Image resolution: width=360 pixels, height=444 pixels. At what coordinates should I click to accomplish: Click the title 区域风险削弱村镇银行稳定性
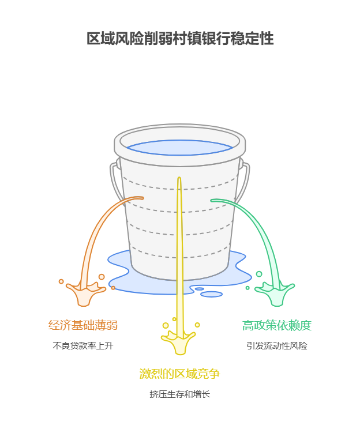pos(180,39)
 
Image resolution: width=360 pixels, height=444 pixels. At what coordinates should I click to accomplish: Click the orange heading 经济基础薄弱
pos(83,325)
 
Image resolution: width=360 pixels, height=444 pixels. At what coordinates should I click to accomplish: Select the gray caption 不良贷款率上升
pos(83,346)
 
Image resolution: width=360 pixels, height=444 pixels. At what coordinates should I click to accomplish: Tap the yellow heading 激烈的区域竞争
pos(180,374)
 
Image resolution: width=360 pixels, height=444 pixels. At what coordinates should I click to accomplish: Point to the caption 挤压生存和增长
pos(180,394)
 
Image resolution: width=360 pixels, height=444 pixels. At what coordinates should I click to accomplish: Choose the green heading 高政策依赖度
pos(277,325)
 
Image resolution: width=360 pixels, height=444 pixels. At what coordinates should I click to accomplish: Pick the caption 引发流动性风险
pos(277,346)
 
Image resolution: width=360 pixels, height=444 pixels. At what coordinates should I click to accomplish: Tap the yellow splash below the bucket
pos(179,344)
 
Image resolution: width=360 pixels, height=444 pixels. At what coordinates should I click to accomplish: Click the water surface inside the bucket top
pos(179,147)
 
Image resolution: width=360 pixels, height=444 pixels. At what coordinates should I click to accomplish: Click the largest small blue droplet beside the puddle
pos(212,294)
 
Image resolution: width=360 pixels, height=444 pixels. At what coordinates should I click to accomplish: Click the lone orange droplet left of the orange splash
pos(61,281)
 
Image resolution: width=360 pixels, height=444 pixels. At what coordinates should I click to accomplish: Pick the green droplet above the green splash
pos(259,274)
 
